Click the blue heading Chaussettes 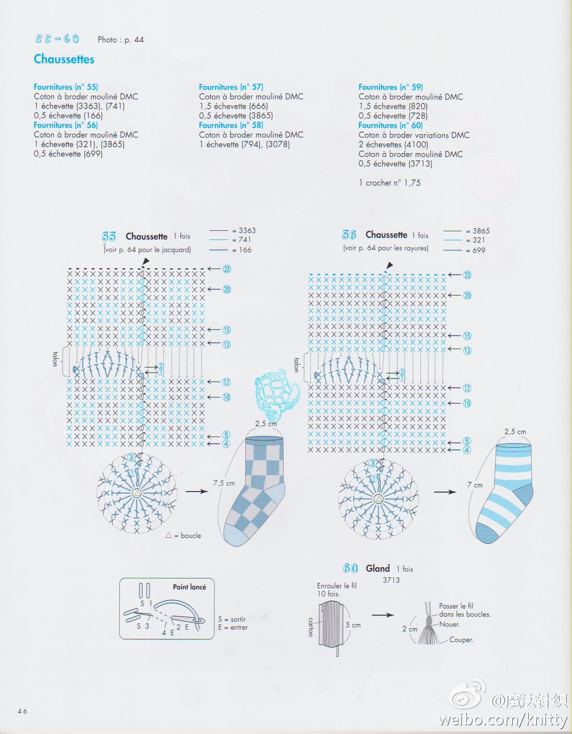64,59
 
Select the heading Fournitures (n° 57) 231,87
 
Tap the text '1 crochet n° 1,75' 389,183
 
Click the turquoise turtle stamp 277,393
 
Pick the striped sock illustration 504,494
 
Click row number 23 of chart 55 227,269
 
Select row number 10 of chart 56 467,403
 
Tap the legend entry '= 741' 241,240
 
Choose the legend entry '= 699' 475,250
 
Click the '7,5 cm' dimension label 224,483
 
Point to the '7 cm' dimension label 475,485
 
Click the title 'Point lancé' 189,587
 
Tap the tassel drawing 428,623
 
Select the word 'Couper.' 461,640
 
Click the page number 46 22,711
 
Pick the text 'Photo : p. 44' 121,40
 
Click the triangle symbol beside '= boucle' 168,536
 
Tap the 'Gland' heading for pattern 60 378,568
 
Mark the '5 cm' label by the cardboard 353,625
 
